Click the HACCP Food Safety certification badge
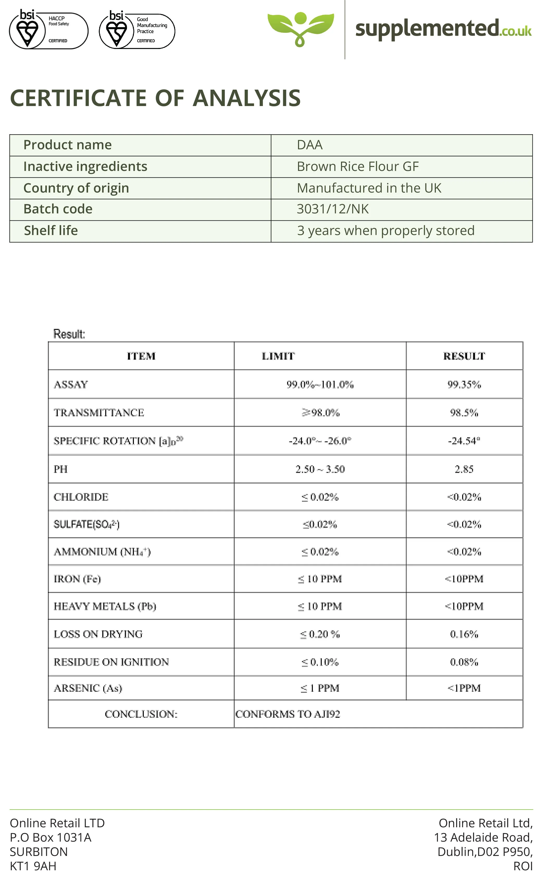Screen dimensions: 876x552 48,30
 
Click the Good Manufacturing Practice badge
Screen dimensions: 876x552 137,30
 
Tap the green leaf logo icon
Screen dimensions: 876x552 300,28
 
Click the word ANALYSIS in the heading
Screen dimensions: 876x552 246,98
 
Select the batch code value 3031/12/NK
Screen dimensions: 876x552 332,209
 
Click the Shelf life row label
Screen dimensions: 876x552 51,231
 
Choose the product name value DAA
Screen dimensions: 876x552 309,145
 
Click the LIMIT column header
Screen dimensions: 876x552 278,356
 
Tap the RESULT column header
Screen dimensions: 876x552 464,356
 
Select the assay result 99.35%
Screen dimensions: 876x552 464,385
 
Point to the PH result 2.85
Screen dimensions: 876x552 464,469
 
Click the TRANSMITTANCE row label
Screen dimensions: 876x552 99,412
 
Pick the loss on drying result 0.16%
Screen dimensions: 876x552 464,634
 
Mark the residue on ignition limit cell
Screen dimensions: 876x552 320,662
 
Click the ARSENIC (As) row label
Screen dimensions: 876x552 88,688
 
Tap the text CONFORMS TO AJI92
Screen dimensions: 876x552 288,714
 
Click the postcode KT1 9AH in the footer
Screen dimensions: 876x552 33,866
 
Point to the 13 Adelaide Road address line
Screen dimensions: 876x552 483,837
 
